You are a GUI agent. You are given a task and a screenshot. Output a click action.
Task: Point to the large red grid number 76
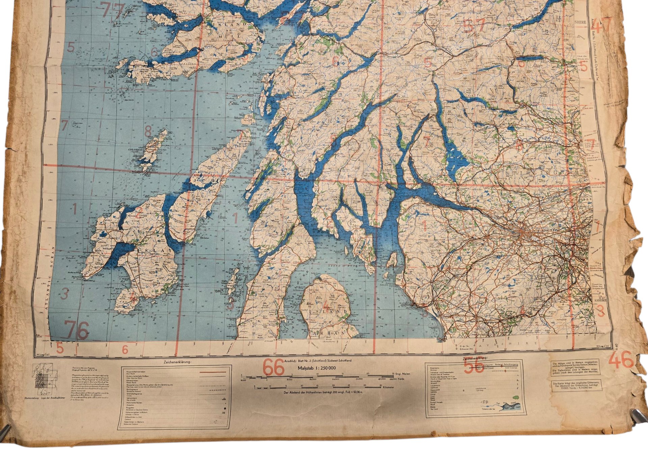(x=77, y=330)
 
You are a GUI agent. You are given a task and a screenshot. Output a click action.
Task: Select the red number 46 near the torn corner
(x=621, y=360)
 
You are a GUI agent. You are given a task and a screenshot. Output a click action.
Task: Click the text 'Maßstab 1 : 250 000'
(x=316, y=368)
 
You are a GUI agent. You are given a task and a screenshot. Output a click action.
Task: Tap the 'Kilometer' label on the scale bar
(x=391, y=387)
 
